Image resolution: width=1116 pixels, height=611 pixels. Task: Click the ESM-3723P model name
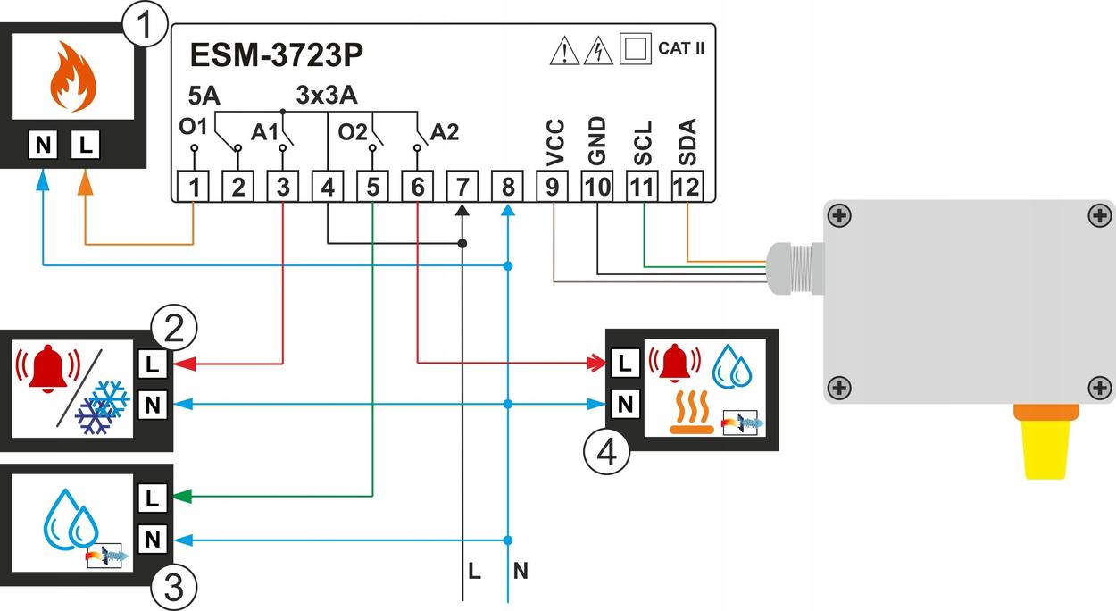pyautogui.click(x=277, y=55)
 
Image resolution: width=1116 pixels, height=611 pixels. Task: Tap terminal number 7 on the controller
pyautogui.click(x=462, y=187)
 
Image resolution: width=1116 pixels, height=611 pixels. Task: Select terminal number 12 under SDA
pyautogui.click(x=687, y=187)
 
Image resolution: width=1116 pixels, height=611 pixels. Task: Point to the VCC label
pyautogui.click(x=555, y=142)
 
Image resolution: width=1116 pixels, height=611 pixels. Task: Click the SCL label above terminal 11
pyautogui.click(x=644, y=142)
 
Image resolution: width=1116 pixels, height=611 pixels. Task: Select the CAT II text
pyautogui.click(x=681, y=48)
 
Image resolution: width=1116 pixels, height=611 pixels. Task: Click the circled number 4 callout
pyautogui.click(x=606, y=453)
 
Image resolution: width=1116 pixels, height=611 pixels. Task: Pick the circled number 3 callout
pyautogui.click(x=174, y=587)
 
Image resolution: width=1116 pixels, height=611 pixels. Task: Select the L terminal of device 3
pyautogui.click(x=152, y=498)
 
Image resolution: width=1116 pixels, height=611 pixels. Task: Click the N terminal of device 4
pyautogui.click(x=626, y=404)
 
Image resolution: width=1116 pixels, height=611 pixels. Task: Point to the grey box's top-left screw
pyautogui.click(x=838, y=215)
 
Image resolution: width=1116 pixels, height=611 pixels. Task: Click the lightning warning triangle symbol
pyautogui.click(x=598, y=50)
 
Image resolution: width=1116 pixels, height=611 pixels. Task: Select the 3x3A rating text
pyautogui.click(x=327, y=93)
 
